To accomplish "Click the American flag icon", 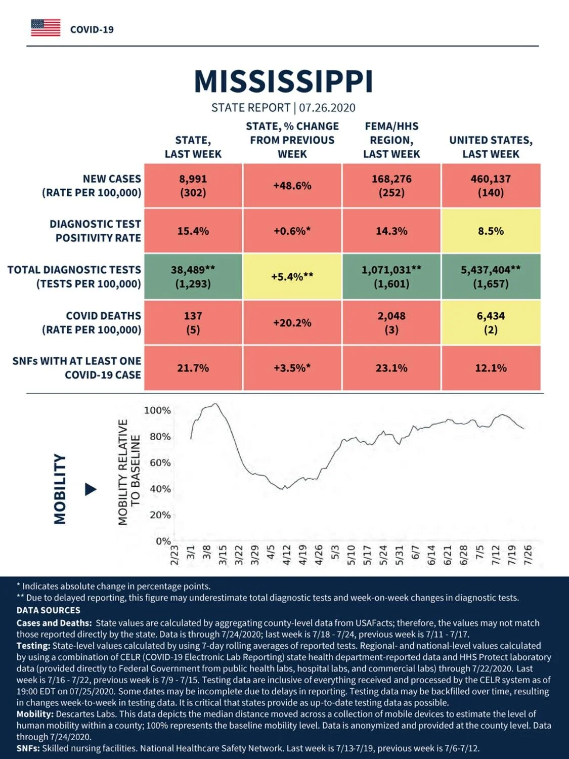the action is [x=46, y=28].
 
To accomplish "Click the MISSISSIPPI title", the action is [x=284, y=81].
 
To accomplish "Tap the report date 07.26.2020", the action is [x=327, y=108].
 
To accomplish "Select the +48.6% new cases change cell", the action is [x=292, y=186].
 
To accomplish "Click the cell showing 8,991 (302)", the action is [x=193, y=186].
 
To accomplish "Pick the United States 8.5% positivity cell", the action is [x=491, y=231].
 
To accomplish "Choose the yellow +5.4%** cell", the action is [x=292, y=277].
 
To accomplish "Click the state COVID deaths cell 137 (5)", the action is [x=193, y=322].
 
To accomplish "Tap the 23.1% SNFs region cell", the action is [x=391, y=368].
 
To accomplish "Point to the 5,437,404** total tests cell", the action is [x=491, y=277].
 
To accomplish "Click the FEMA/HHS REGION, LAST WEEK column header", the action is [x=391, y=140].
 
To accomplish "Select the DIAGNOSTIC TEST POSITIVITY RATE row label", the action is [x=96, y=231].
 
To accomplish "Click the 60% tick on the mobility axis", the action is [x=160, y=462].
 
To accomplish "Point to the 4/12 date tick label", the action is [x=287, y=555].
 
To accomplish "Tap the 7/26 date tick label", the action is [x=528, y=555].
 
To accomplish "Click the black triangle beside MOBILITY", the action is [x=90, y=489].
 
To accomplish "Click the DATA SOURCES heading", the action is [x=49, y=610].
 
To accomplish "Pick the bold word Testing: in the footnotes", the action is [x=33, y=646].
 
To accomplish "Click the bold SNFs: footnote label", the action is [x=28, y=748].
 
